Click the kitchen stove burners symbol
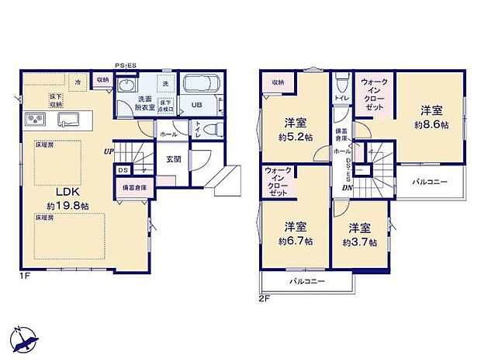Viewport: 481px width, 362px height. (x=34, y=119)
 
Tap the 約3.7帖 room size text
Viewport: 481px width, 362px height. (x=358, y=242)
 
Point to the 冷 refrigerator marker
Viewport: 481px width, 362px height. (x=78, y=81)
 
